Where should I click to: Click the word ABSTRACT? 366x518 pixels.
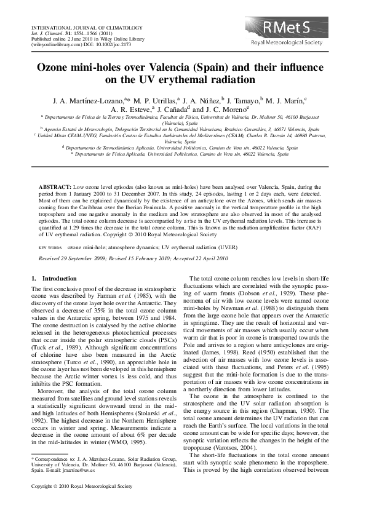pyautogui.click(x=56, y=185)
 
